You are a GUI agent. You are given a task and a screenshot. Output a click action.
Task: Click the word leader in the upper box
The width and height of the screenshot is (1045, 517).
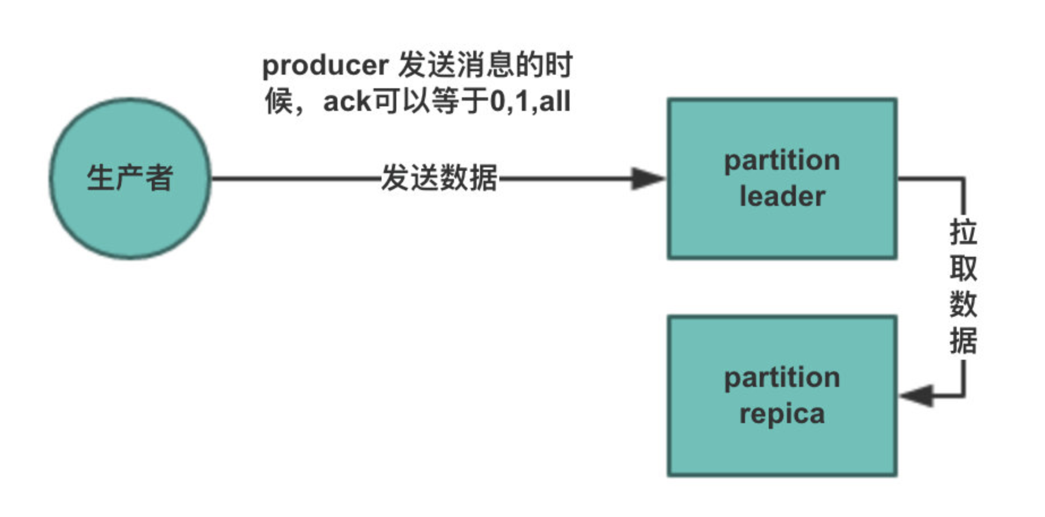782,196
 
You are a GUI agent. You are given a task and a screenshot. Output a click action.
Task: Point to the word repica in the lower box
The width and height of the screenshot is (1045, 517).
782,414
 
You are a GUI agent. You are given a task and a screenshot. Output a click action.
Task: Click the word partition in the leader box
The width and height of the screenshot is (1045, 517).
782,161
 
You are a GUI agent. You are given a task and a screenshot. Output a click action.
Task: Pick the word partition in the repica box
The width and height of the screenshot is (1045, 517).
782,378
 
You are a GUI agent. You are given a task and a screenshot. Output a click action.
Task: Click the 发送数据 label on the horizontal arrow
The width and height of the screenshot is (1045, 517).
439,178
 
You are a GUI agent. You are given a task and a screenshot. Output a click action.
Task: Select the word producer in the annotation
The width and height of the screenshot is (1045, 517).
325,66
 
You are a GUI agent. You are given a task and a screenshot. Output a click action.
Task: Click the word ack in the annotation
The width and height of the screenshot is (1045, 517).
346,102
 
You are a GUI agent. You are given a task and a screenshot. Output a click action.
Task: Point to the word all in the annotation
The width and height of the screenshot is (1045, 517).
555,102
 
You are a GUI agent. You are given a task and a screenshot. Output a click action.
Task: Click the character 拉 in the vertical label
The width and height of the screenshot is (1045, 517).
963,232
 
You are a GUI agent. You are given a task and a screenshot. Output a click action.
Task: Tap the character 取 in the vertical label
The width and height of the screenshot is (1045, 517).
963,268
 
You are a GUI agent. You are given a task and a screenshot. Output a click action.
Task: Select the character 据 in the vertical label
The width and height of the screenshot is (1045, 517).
963,341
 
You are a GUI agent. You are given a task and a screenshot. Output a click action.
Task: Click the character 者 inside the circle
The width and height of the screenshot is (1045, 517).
159,178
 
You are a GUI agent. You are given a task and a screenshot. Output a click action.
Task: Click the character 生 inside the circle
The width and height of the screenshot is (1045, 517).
100,178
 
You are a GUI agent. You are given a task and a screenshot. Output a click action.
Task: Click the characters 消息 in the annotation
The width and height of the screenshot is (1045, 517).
484,65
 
